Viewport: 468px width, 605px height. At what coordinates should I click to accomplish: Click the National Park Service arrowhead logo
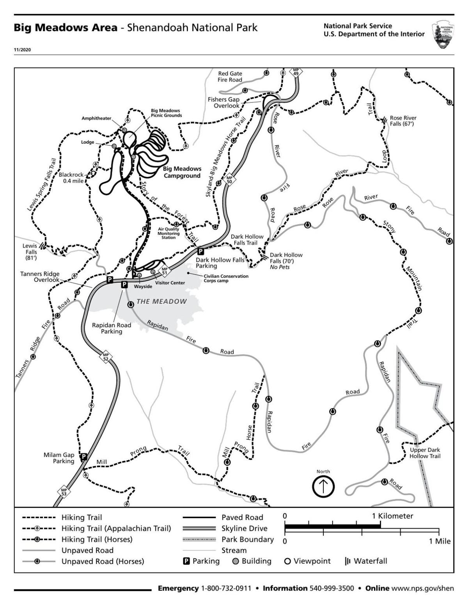pyautogui.click(x=443, y=35)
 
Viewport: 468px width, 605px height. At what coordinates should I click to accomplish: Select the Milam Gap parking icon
pyautogui.click(x=83, y=457)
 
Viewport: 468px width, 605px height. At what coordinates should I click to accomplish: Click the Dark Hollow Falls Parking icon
pyautogui.click(x=200, y=251)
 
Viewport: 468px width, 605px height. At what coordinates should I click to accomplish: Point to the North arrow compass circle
pyautogui.click(x=323, y=487)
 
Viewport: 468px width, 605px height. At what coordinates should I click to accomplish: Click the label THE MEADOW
pyautogui.click(x=161, y=301)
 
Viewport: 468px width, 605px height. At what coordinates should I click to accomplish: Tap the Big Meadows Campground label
pyautogui.click(x=182, y=172)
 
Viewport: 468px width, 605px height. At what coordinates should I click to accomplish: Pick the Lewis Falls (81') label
pyautogui.click(x=30, y=252)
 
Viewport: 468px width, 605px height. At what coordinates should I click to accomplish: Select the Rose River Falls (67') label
pyautogui.click(x=403, y=121)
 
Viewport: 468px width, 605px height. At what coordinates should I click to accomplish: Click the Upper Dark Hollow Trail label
pyautogui.click(x=425, y=453)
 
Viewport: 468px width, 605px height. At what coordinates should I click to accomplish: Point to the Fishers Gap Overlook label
pyautogui.click(x=223, y=103)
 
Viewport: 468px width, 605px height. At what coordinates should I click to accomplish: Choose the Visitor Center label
pyautogui.click(x=170, y=283)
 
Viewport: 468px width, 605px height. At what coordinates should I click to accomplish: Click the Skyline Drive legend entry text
pyautogui.click(x=245, y=528)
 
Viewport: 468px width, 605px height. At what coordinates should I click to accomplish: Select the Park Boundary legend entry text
pyautogui.click(x=248, y=539)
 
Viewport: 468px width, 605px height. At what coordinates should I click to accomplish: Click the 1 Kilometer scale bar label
pyautogui.click(x=392, y=516)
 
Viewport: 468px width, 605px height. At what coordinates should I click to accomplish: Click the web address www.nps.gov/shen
pyautogui.click(x=423, y=588)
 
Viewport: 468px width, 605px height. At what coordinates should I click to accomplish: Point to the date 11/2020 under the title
pyautogui.click(x=22, y=50)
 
